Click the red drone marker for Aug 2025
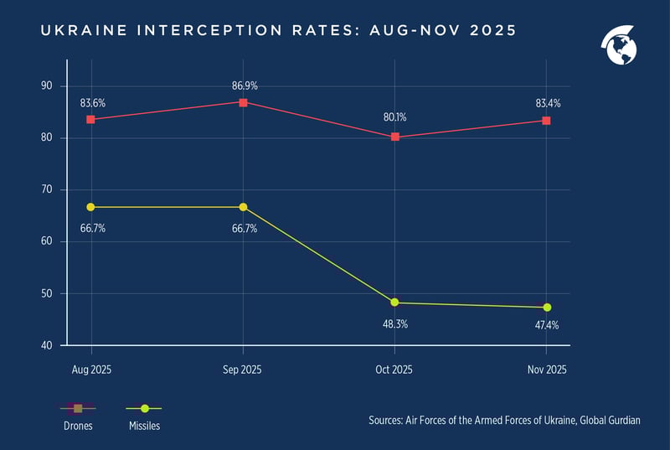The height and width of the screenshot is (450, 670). (90, 120)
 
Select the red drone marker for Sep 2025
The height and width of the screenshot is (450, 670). (243, 102)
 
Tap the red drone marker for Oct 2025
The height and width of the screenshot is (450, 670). (394, 137)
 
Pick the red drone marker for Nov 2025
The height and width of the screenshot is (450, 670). (547, 121)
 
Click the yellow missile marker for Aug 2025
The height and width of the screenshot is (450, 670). (90, 207)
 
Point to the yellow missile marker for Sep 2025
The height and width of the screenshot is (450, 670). (243, 207)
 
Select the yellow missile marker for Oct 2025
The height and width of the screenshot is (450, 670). (394, 303)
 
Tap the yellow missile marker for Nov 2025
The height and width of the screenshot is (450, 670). (547, 308)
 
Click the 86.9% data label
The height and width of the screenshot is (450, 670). (243, 85)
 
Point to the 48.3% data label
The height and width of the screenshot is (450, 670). (394, 323)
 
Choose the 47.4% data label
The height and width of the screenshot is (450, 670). (547, 325)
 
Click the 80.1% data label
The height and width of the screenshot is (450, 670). (394, 118)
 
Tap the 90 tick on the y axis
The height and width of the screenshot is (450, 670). (46, 85)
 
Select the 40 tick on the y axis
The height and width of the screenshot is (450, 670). (46, 345)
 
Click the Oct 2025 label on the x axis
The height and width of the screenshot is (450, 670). (394, 370)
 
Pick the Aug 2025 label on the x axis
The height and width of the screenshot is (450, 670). (90, 370)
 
